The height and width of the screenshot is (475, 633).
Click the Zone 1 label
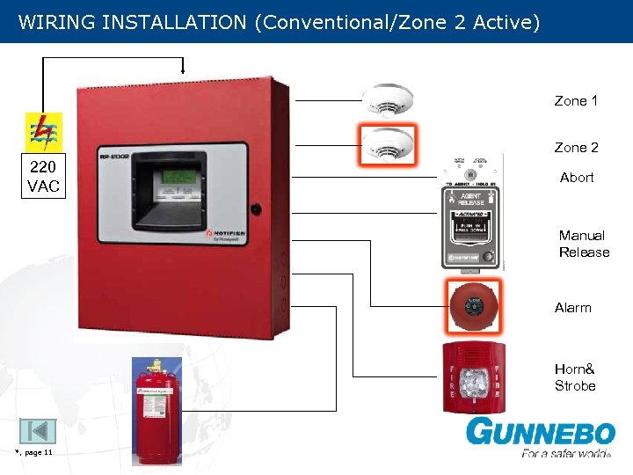576,101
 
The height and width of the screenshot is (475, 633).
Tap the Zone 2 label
576,148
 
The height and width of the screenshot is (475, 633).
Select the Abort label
577,178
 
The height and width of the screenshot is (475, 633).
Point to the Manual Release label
584,244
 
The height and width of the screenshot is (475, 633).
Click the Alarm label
573,308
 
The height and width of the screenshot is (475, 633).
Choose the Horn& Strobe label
575,377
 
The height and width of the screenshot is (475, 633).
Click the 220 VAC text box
43,177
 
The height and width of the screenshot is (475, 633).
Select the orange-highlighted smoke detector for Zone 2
386,142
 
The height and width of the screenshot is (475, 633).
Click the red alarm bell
475,306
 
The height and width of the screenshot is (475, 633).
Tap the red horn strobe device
473,377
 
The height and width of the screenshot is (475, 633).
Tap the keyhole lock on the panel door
255,209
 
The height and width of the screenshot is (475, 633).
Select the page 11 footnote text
35,452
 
